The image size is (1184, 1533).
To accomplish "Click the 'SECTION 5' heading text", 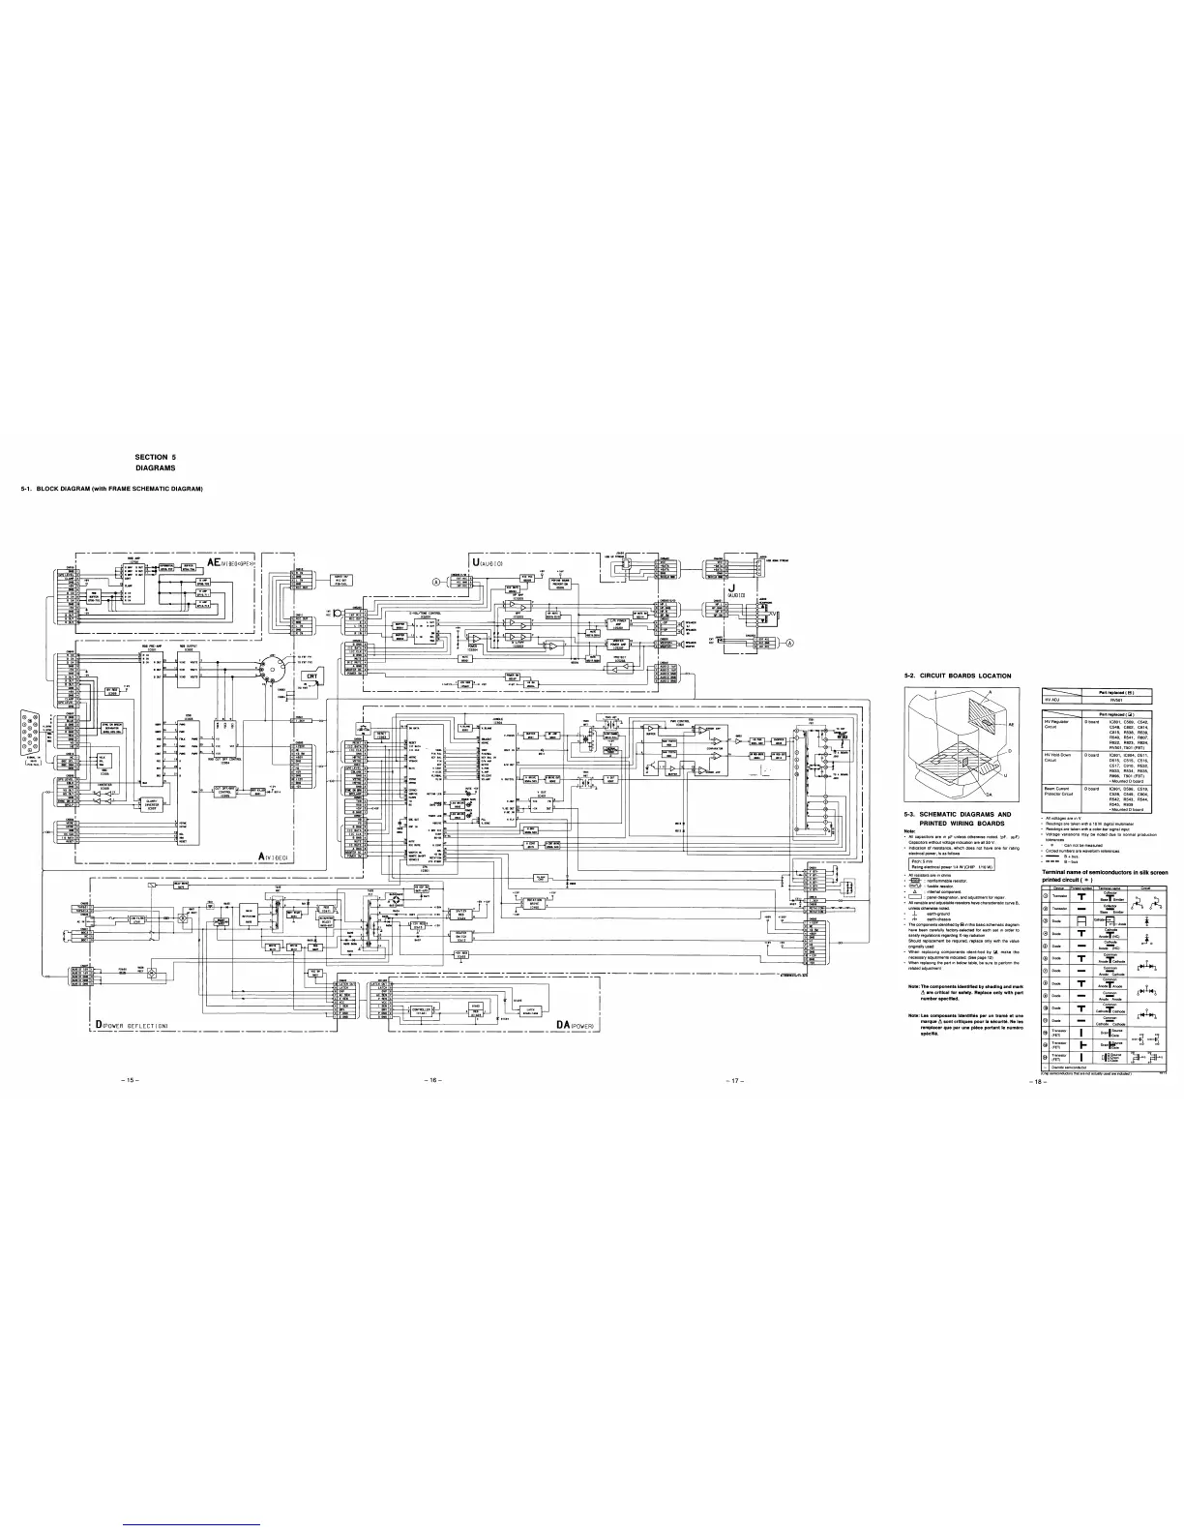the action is tap(155, 456).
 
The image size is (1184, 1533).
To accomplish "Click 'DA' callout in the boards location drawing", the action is tap(987, 794).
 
